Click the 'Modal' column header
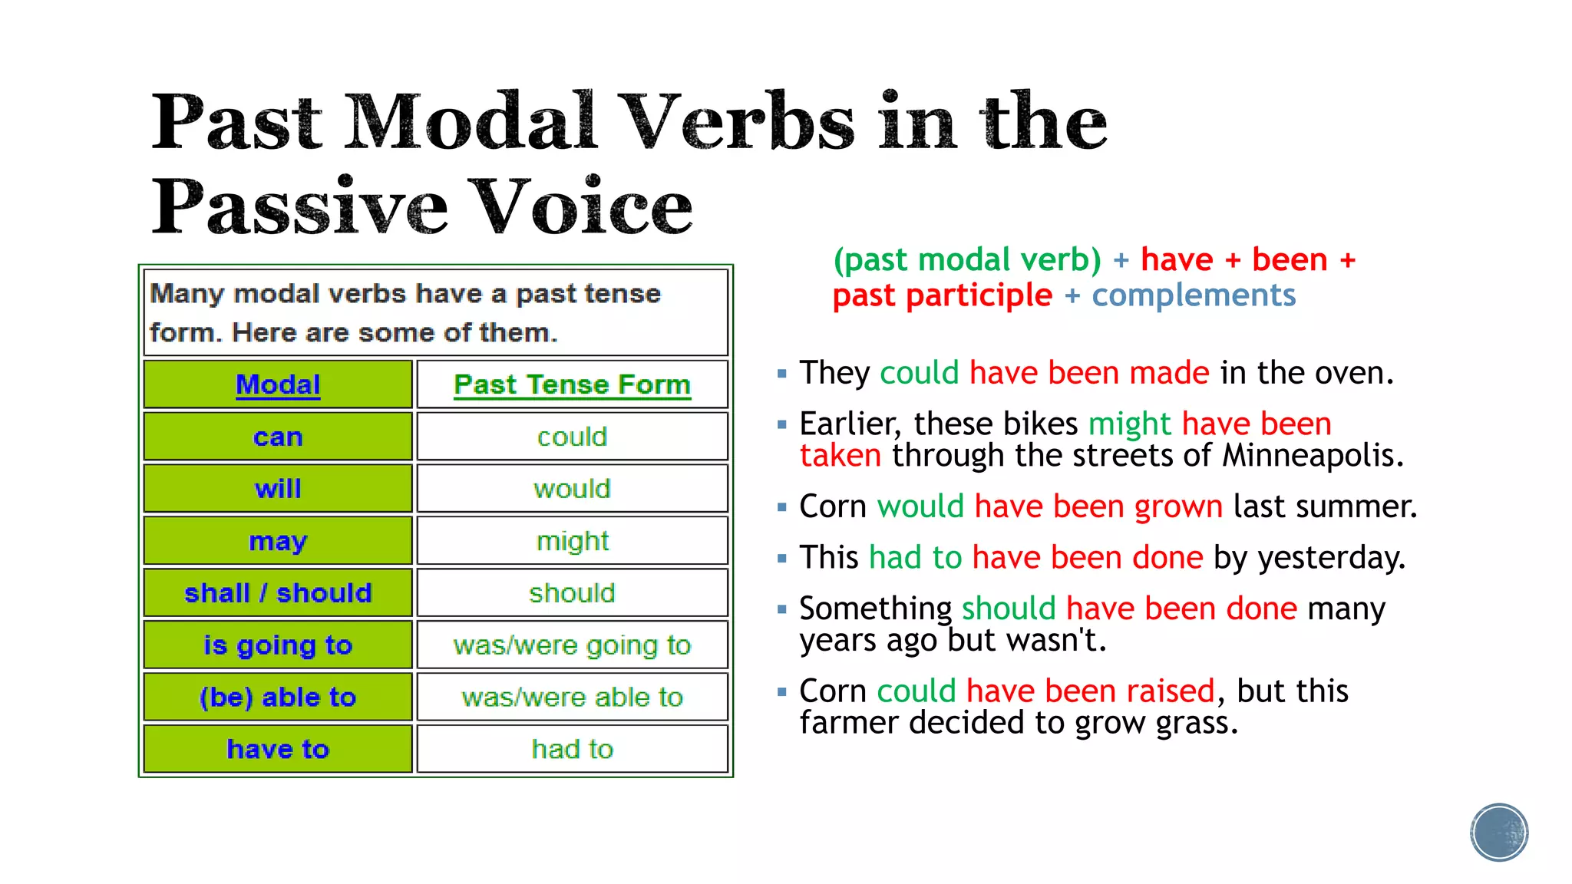(278, 384)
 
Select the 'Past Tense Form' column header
(572, 384)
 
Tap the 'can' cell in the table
(278, 437)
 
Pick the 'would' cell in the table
(572, 489)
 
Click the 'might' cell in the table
(572, 541)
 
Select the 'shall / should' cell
(278, 593)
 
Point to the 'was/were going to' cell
(572, 645)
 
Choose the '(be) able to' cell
(278, 698)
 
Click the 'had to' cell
(572, 749)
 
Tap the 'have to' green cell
(278, 749)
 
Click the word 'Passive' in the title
(299, 207)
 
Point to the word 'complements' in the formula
(1194, 295)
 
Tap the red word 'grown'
(1178, 507)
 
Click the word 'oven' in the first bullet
(1357, 374)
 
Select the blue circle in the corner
(1499, 833)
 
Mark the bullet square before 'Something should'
(781, 610)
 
